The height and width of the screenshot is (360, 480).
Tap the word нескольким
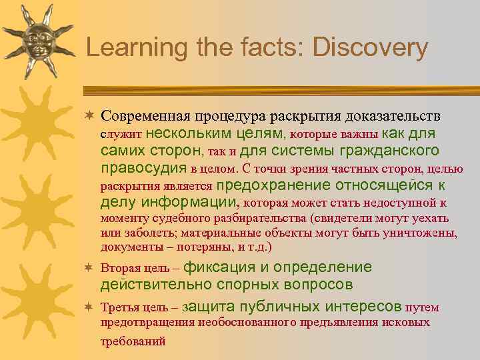point(181,133)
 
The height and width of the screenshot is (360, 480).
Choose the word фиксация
point(219,267)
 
